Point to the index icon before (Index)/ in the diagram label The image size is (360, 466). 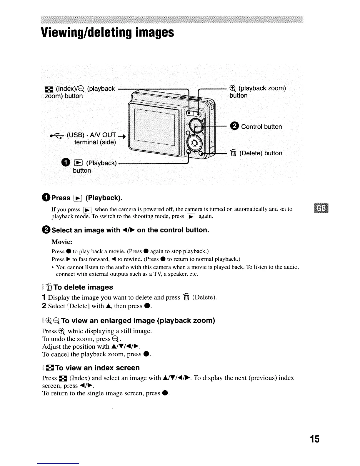(47, 89)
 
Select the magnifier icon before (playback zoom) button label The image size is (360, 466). (233, 88)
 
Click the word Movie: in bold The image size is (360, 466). (62, 242)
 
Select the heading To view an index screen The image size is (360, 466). (97, 368)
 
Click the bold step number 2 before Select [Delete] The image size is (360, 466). (44, 306)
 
